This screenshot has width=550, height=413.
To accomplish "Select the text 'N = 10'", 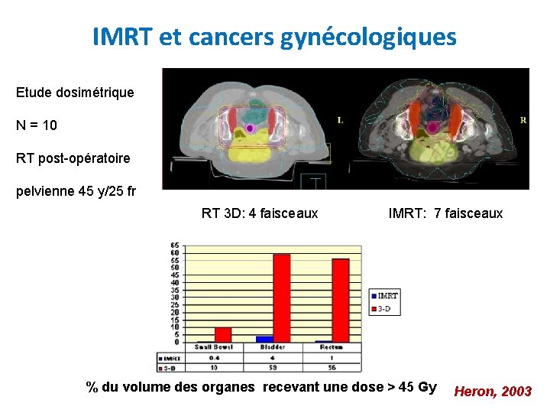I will [37, 125].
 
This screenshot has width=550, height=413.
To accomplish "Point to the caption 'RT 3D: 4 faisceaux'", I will [260, 213].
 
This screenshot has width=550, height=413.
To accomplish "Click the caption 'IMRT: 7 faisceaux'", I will [446, 213].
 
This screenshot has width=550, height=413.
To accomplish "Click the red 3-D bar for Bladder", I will [281, 298].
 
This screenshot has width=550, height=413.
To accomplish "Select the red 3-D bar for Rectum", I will [340, 300].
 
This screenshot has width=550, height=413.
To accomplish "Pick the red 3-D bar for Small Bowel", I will [222, 334].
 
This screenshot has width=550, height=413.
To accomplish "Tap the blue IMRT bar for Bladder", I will [264, 339].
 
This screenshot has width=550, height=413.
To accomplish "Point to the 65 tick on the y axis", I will [175, 245].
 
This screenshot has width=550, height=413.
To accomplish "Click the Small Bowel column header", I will [213, 348].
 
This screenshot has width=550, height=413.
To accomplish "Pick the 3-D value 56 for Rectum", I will [332, 367].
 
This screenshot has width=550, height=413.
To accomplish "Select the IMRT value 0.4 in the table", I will [213, 357].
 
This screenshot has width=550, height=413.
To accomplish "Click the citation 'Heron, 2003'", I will [493, 392].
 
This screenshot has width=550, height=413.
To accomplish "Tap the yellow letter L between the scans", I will [340, 120].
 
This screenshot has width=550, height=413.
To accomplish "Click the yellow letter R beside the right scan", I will [522, 120].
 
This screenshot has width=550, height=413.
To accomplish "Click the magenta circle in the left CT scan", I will [250, 128].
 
